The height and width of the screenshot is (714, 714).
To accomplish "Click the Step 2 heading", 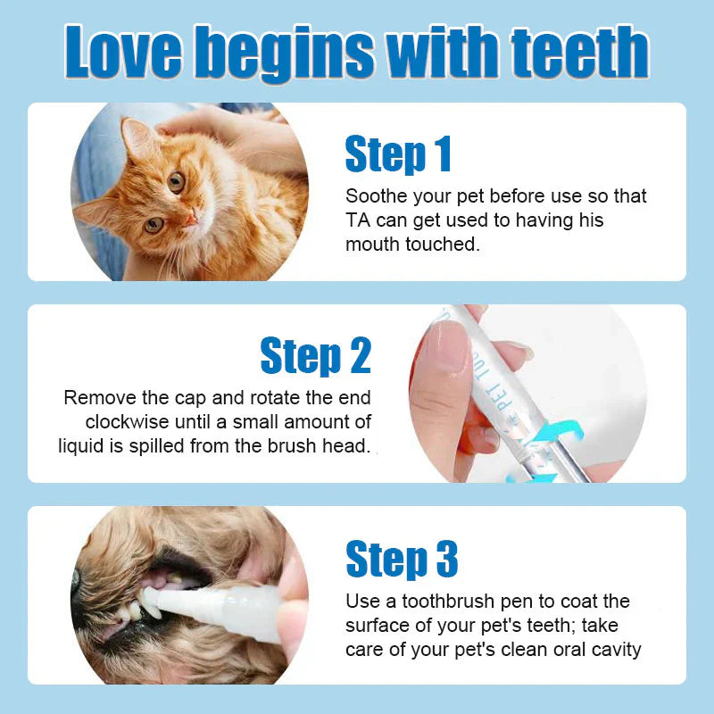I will click(315, 356).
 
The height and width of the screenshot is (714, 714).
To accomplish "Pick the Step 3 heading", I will click(402, 559).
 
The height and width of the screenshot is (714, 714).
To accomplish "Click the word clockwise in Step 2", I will click(128, 421).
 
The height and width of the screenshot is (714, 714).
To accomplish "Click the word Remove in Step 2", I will click(96, 397).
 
